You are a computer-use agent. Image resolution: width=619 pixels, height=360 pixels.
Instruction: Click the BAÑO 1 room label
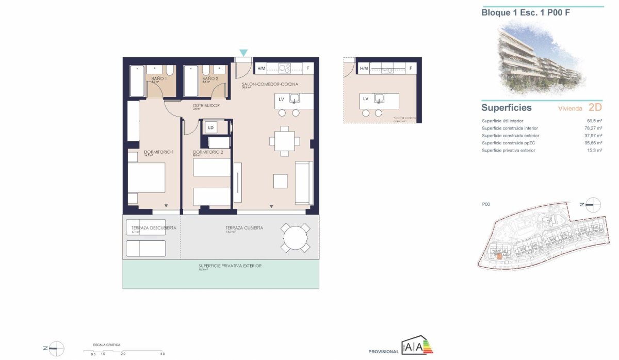click(x=159, y=79)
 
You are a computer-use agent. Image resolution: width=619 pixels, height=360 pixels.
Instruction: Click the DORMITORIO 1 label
click(x=158, y=152)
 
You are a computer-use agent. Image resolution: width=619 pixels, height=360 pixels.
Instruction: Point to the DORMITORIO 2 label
click(x=208, y=152)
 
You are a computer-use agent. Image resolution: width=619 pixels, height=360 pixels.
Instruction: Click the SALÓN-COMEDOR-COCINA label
click(x=270, y=84)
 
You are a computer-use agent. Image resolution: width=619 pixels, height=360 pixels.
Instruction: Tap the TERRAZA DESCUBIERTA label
click(x=154, y=227)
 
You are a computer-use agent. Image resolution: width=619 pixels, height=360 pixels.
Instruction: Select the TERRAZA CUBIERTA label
click(x=245, y=227)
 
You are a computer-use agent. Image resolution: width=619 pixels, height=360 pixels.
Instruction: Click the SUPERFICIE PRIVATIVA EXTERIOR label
click(x=230, y=266)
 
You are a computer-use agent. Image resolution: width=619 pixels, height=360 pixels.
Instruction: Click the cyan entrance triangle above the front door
click(x=243, y=53)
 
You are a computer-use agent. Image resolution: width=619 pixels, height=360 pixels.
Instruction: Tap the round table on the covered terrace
click(x=295, y=238)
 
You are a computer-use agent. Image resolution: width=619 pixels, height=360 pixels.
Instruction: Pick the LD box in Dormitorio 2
click(x=211, y=127)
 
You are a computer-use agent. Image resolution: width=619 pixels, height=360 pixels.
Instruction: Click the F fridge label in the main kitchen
click(x=308, y=68)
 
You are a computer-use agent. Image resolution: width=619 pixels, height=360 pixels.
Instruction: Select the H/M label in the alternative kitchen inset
click(x=364, y=68)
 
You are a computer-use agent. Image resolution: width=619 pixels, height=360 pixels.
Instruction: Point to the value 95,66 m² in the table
click(x=594, y=143)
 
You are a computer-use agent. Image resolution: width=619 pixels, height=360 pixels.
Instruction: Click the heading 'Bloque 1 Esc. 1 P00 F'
click(x=526, y=13)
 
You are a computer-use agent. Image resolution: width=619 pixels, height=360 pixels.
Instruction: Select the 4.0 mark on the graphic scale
click(x=162, y=354)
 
